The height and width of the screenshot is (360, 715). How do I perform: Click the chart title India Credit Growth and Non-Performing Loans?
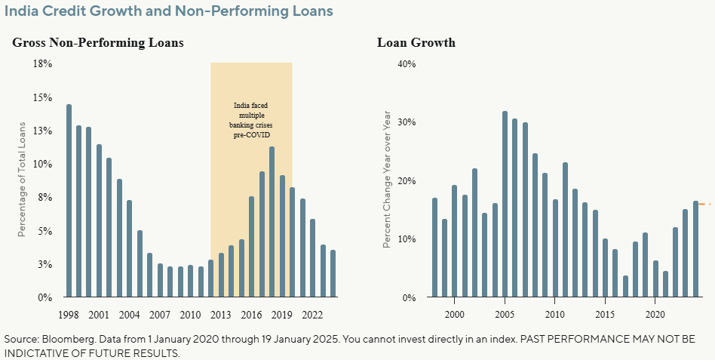tap(169, 12)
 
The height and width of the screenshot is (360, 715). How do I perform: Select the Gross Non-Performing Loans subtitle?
tap(98, 43)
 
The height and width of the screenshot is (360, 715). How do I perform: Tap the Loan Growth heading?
tap(416, 43)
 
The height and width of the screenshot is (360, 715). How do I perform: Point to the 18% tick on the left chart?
tap(42, 64)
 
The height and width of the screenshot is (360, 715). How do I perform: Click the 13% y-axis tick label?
tap(42, 131)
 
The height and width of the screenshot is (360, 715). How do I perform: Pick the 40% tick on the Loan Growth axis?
tap(407, 64)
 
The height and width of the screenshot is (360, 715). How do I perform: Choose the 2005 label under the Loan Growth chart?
tap(505, 314)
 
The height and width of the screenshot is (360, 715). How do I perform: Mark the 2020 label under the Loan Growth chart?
tap(655, 314)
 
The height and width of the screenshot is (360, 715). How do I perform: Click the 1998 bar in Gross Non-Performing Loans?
tap(69, 201)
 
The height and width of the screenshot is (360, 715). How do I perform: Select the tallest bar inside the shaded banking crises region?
tap(272, 222)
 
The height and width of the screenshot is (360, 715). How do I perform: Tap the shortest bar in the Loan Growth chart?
tap(625, 287)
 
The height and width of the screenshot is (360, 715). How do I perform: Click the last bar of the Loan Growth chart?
tap(695, 249)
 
